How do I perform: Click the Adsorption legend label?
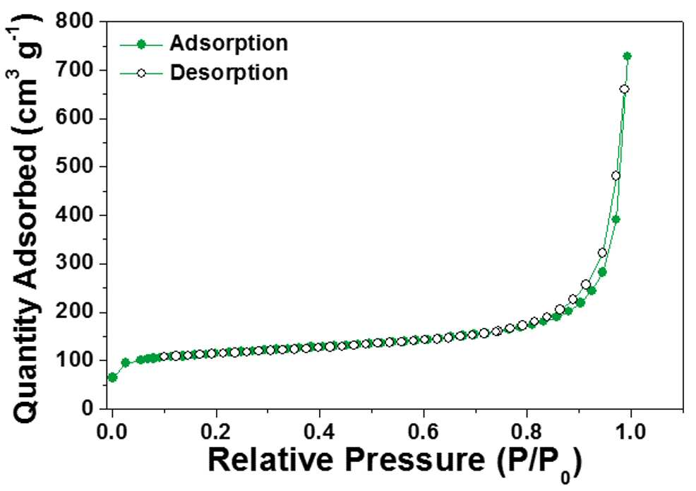(229, 44)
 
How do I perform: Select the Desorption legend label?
(229, 73)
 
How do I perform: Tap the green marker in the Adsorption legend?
(141, 45)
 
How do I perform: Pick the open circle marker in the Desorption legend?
(141, 73)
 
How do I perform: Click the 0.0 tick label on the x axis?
(112, 430)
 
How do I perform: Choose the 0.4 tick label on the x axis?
(319, 430)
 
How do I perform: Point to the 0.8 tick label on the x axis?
(527, 430)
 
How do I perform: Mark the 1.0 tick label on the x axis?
(630, 430)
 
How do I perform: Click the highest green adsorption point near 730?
(628, 56)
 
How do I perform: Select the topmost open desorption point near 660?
(624, 89)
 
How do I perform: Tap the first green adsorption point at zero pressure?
(112, 378)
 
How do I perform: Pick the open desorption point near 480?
(616, 176)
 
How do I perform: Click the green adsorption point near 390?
(616, 219)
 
